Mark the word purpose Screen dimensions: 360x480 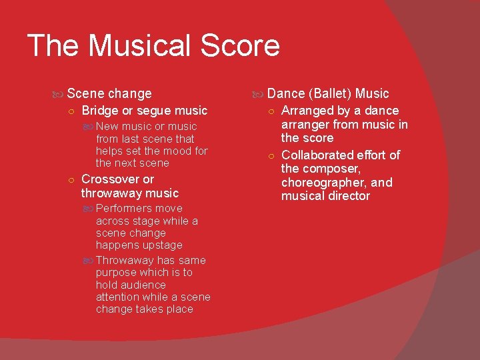pos(119,273)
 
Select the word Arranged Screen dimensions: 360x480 pos(307,111)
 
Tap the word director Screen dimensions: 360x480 pos(347,196)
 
